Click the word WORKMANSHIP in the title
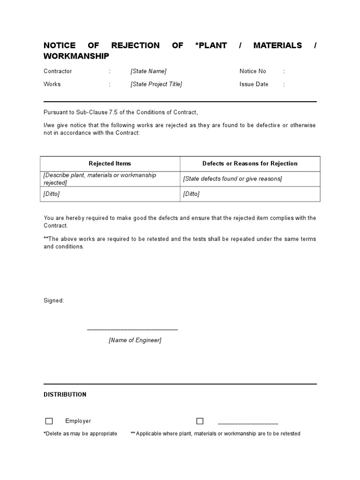76,56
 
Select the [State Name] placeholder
148,71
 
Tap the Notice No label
253,71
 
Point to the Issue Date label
254,84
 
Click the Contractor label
58,71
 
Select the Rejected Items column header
110,164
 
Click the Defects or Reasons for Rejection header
250,164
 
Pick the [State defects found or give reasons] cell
232,179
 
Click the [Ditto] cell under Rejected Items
52,194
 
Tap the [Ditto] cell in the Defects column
191,194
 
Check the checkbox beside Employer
49,421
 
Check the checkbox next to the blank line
200,421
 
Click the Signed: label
54,300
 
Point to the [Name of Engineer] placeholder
135,340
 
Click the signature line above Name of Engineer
132,330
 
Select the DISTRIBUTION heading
65,395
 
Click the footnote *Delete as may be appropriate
80,434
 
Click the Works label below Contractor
52,84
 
